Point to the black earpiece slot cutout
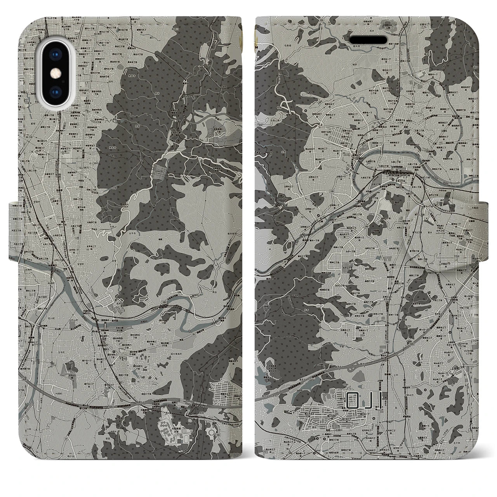click(x=369, y=40)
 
